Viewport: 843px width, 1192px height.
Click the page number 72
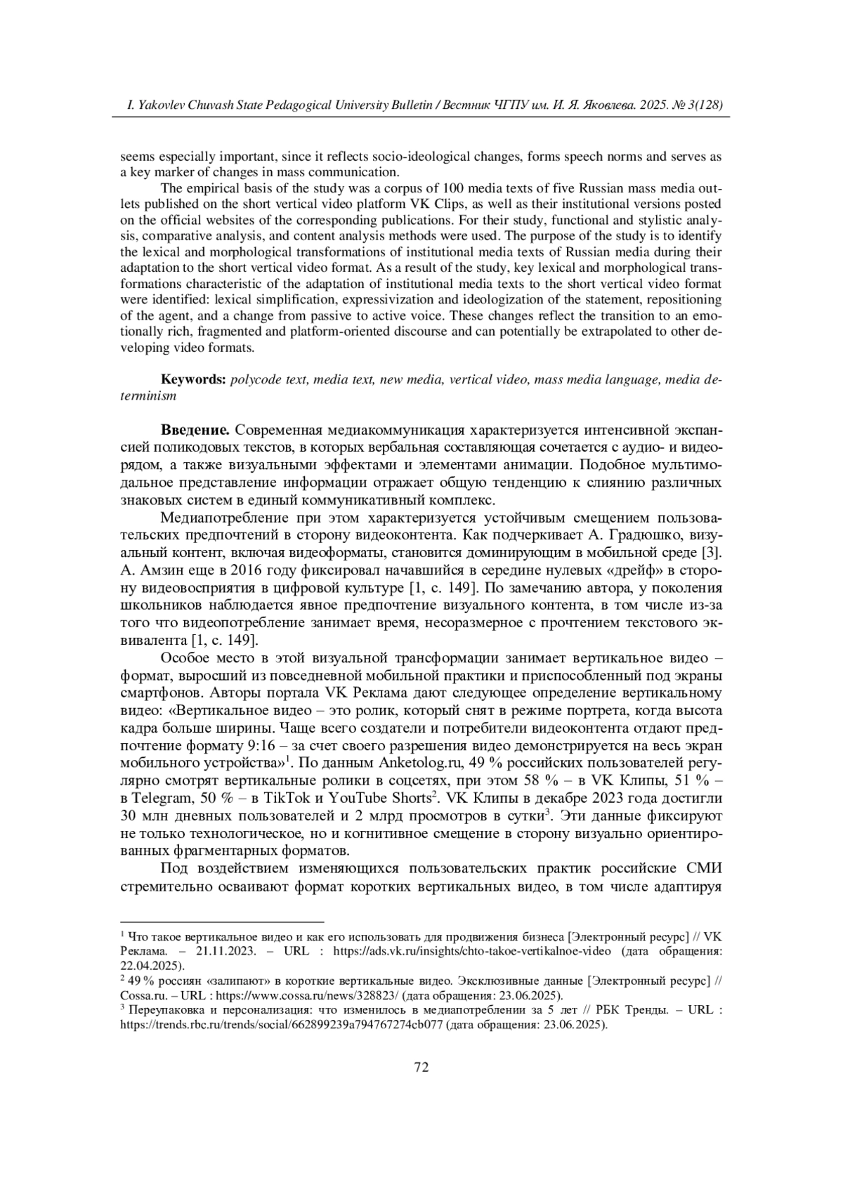pos(421,1068)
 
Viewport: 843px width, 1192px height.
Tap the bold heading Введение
pos(195,430)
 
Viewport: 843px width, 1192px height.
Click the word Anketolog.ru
pos(419,764)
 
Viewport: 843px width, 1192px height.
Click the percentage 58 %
pos(531,781)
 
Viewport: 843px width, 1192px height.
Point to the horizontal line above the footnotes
pos(222,920)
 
